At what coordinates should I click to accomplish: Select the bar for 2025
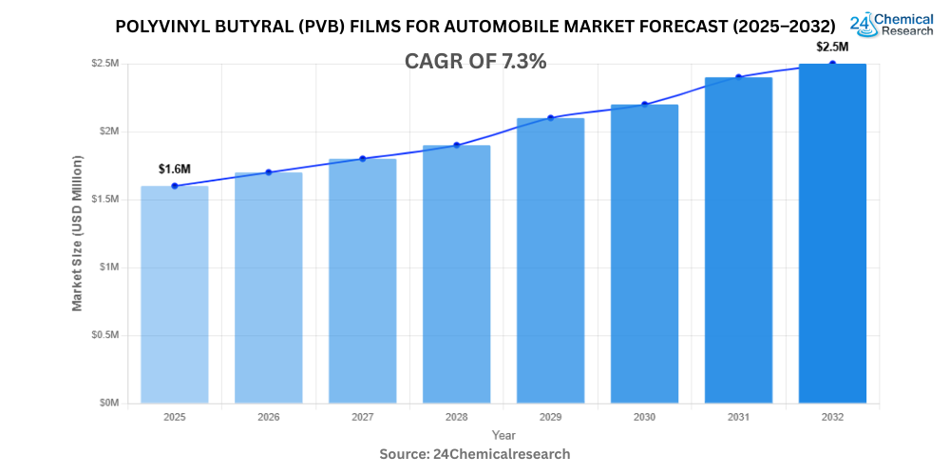pos(175,294)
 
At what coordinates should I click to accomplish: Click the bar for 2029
pos(550,260)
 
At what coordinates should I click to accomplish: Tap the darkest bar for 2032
pos(832,233)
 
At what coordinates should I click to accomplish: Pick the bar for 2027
pos(362,280)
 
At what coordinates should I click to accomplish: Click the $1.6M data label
pos(175,169)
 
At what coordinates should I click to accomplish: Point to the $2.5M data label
pos(832,47)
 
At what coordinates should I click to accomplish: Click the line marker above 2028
pos(456,145)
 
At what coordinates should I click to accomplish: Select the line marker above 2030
pos(644,104)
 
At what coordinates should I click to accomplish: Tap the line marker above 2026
pos(269,172)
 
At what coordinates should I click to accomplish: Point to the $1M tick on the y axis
pos(108,267)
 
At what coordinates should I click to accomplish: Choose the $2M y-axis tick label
pos(108,131)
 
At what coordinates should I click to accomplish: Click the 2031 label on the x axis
pos(738,417)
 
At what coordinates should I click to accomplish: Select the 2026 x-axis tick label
pos(269,417)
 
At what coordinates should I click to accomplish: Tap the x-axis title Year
pos(503,435)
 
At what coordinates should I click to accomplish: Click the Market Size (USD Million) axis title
pos(77,233)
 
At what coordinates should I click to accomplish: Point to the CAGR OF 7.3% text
pos(475,62)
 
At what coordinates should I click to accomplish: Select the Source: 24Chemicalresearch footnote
pos(475,454)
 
